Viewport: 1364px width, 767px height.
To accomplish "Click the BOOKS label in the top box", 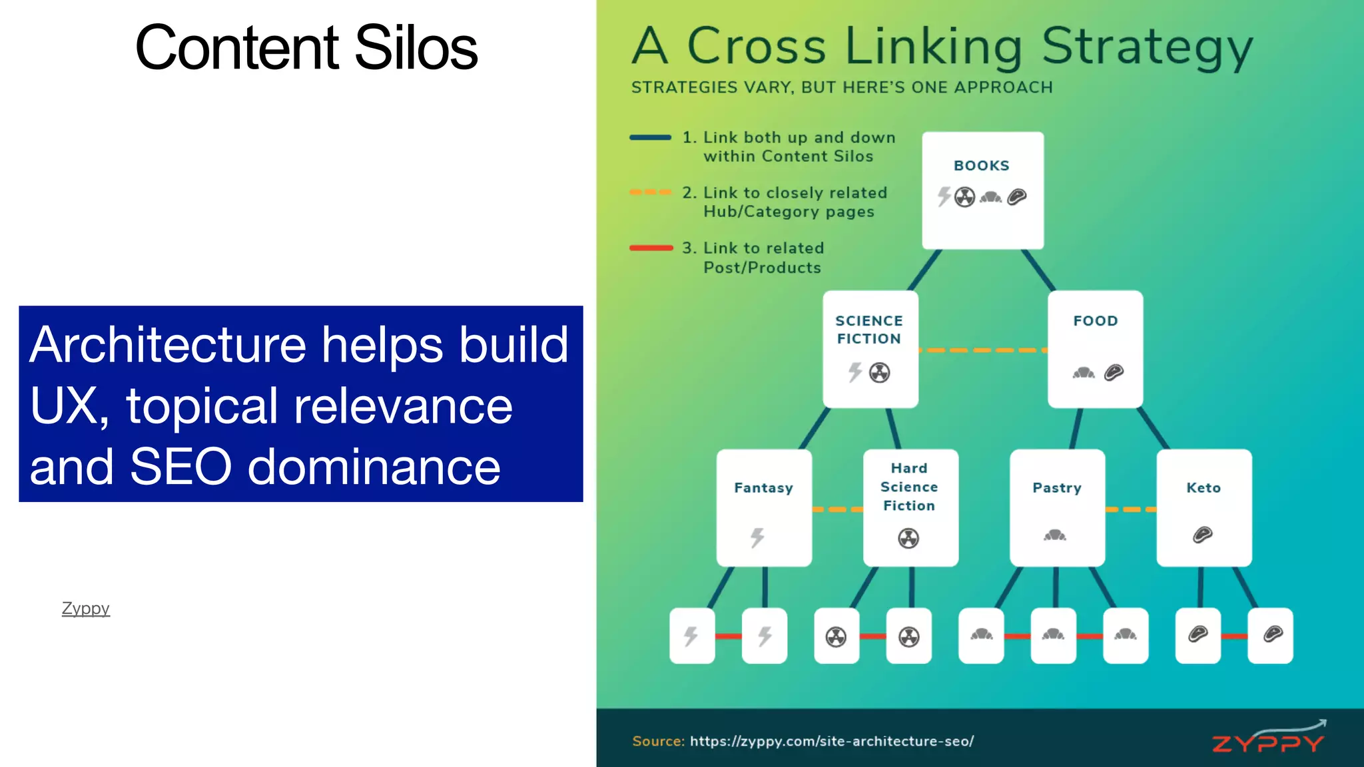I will tap(981, 166).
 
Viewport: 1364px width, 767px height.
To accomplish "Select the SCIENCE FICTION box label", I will tap(869, 330).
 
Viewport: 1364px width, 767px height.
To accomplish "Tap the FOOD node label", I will tap(1095, 321).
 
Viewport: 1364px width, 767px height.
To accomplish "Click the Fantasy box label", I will tap(763, 488).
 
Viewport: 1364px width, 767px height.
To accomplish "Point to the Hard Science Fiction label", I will tap(909, 487).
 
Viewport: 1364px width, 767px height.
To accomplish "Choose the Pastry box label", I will tap(1057, 488).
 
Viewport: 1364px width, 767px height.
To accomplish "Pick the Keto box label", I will tap(1203, 488).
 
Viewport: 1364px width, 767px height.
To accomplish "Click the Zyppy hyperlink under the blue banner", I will tap(85, 609).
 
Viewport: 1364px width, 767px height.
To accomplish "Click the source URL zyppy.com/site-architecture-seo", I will tap(831, 741).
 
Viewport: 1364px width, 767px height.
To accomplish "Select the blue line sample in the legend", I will tap(650, 138).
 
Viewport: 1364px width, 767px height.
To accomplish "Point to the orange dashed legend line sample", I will tap(650, 192).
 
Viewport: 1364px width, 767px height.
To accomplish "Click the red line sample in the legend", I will tap(650, 248).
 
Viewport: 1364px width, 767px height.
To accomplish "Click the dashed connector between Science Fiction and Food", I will tap(982, 350).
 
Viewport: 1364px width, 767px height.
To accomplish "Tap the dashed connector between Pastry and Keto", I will tap(1130, 509).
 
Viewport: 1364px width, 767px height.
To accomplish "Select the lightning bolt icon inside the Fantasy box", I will tap(757, 537).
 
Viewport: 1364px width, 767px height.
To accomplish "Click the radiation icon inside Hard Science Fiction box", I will tap(908, 538).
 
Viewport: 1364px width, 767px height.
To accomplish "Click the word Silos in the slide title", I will tap(416, 48).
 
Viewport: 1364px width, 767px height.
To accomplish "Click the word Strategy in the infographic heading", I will tap(1146, 48).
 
